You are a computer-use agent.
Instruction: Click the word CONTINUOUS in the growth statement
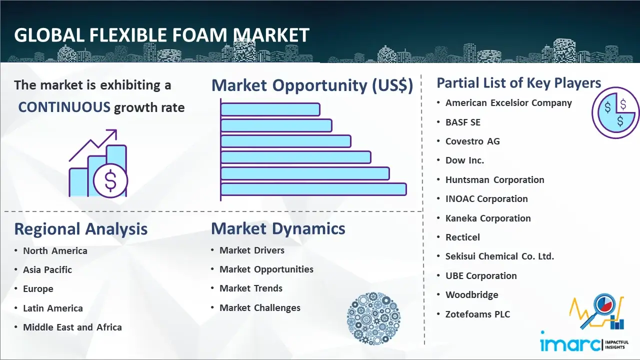pyautogui.click(x=64, y=107)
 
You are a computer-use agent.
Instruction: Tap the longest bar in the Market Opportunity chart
pyautogui.click(x=313, y=189)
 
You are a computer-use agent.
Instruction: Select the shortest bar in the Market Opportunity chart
pyautogui.click(x=270, y=109)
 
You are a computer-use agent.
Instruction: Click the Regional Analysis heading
pyautogui.click(x=81, y=229)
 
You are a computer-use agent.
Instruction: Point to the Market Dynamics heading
pyautogui.click(x=278, y=228)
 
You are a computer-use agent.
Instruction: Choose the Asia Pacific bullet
pyautogui.click(x=47, y=269)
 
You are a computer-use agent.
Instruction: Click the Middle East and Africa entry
pyautogui.click(x=72, y=327)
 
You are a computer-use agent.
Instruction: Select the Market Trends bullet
pyautogui.click(x=251, y=288)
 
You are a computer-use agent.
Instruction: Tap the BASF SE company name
pyautogui.click(x=463, y=122)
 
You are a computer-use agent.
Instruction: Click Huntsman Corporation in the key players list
pyautogui.click(x=495, y=179)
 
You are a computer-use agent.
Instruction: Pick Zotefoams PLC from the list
pyautogui.click(x=477, y=314)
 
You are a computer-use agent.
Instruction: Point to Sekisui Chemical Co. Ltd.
pyautogui.click(x=499, y=256)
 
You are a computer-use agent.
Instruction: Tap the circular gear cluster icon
pyautogui.click(x=373, y=318)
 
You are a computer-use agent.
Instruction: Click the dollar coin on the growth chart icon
pyautogui.click(x=110, y=180)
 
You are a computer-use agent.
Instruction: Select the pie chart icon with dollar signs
pyautogui.click(x=615, y=112)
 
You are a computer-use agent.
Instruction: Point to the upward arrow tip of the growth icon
pyautogui.click(x=116, y=130)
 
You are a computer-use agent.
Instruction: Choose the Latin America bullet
pyautogui.click(x=53, y=308)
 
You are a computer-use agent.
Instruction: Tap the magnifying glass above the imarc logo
pyautogui.click(x=599, y=309)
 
